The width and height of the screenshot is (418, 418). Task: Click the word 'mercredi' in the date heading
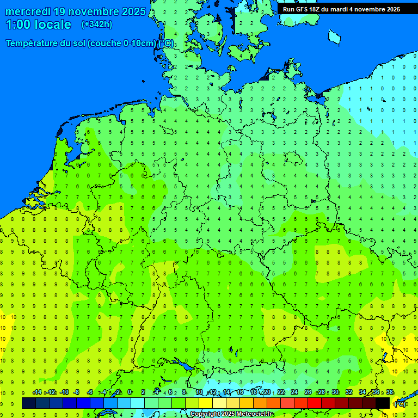point(29,11)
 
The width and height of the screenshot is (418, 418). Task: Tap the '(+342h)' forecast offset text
point(96,24)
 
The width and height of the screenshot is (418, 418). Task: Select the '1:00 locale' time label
point(39,24)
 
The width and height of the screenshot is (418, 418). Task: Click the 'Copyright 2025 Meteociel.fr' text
point(231,414)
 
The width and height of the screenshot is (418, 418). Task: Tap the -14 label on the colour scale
point(37,392)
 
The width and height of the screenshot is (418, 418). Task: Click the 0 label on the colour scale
point(130,392)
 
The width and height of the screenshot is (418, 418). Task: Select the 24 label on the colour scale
point(294,392)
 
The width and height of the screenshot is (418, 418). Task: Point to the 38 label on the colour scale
point(390,392)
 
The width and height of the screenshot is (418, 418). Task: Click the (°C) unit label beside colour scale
point(399,404)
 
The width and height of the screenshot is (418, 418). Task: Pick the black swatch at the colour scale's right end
point(383,403)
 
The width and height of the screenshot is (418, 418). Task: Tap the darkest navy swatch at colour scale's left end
point(29,403)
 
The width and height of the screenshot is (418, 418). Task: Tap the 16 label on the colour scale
point(240,392)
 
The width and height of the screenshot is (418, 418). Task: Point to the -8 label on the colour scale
point(76,392)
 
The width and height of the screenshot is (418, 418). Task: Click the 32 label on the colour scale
point(349,392)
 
